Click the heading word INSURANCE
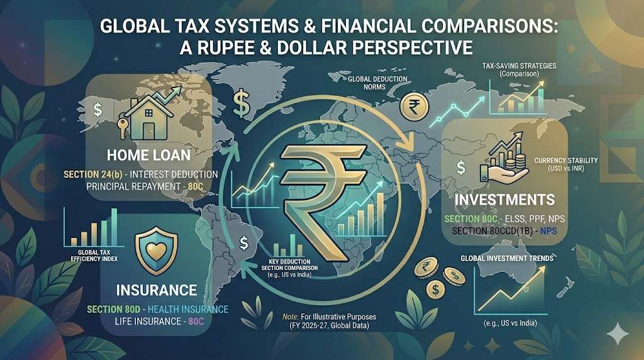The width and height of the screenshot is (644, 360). [x=157, y=291]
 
